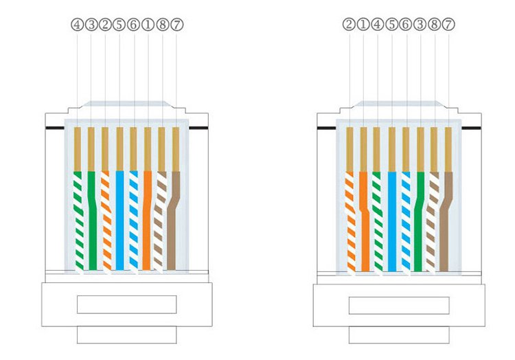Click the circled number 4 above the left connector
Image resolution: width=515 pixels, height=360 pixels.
(x=76, y=24)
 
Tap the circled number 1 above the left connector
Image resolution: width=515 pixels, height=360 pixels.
(x=148, y=24)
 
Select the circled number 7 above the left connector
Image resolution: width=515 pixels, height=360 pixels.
(x=176, y=24)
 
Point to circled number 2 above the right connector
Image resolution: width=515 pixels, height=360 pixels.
(x=349, y=24)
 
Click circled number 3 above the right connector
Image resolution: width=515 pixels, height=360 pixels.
(x=420, y=24)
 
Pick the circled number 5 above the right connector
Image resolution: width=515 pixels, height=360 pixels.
(x=391, y=24)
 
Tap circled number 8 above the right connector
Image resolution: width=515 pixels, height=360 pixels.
(x=435, y=24)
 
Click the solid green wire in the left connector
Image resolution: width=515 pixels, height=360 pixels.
(x=92, y=220)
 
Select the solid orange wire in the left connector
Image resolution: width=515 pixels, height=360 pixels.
(x=147, y=220)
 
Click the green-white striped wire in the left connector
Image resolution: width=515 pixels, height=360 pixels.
(x=78, y=220)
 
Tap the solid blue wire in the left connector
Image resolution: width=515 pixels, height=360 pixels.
(x=119, y=220)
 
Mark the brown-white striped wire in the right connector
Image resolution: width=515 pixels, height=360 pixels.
(x=432, y=220)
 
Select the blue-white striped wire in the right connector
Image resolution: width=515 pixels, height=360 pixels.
(x=405, y=220)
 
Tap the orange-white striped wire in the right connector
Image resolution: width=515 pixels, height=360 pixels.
(x=350, y=220)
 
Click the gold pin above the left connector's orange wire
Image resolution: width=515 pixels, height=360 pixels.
(x=148, y=148)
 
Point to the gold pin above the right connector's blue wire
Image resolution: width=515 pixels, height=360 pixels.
(x=391, y=148)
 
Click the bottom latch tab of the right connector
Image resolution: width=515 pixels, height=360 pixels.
(x=399, y=335)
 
